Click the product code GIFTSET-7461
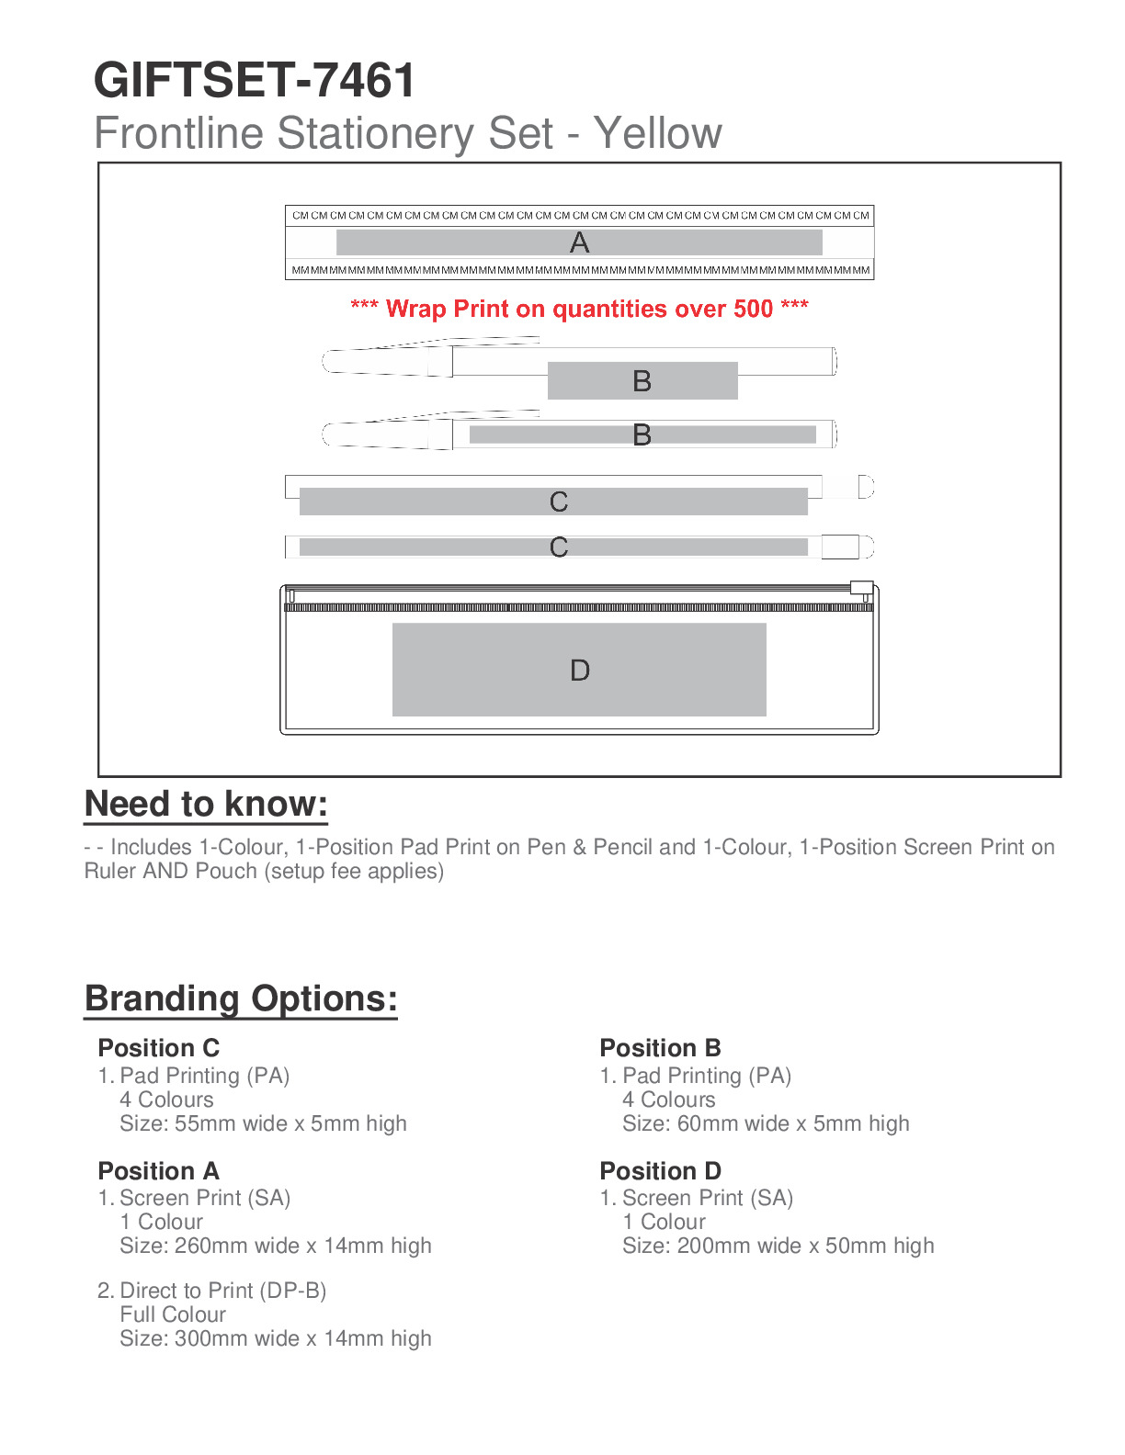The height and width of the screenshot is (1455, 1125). tap(255, 81)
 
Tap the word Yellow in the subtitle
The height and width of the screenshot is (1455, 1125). tap(657, 133)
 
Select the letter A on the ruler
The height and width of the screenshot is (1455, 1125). tap(579, 242)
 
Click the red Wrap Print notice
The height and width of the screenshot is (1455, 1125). tap(579, 309)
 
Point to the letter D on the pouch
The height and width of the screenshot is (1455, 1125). tap(579, 671)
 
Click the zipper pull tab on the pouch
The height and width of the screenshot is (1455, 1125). tap(861, 588)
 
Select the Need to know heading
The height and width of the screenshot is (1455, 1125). tap(206, 805)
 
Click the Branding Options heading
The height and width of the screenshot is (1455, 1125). tap(241, 998)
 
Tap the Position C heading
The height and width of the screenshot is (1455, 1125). tap(159, 1048)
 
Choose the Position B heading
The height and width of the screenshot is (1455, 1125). tap(660, 1048)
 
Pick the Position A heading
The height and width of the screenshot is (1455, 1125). tap(159, 1171)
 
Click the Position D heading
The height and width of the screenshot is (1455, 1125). tap(660, 1171)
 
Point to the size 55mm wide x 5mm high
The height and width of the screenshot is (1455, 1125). tap(263, 1123)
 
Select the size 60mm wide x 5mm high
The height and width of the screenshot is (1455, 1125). tap(766, 1123)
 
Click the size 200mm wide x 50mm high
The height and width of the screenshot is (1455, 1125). tap(778, 1246)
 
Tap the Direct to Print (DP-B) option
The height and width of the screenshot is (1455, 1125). tap(222, 1291)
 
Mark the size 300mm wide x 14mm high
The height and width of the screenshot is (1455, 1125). tap(275, 1338)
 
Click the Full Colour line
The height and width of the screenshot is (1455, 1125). tap(173, 1314)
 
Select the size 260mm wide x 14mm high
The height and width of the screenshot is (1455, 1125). tap(275, 1246)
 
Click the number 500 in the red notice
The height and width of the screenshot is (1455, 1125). tap(753, 309)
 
